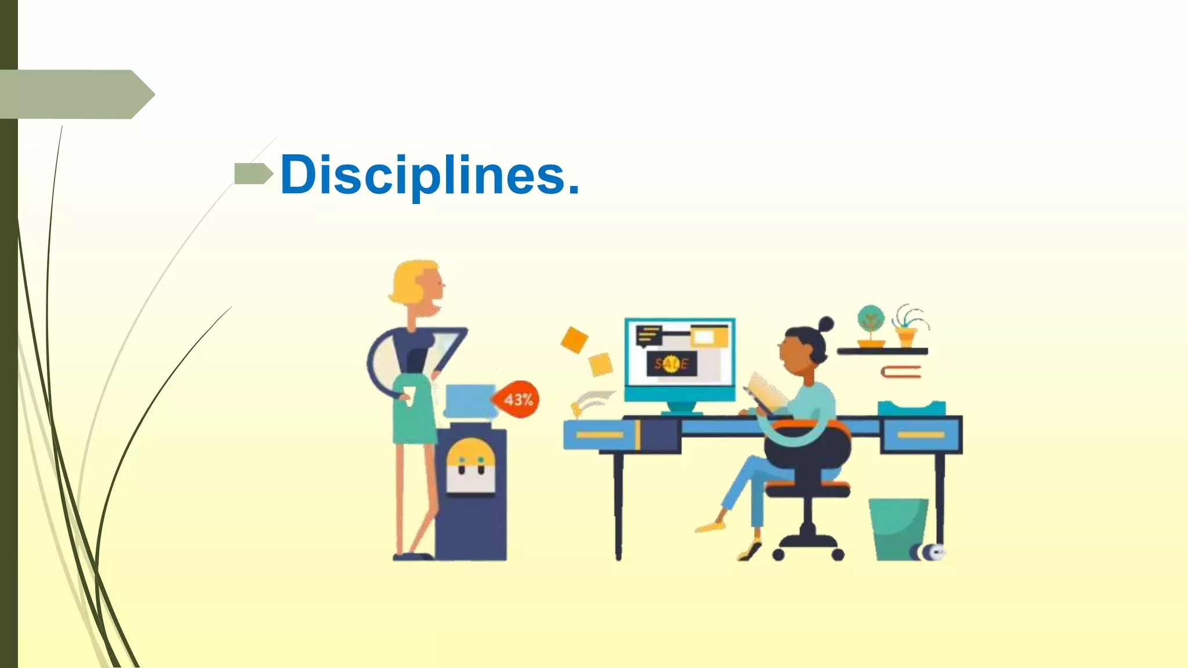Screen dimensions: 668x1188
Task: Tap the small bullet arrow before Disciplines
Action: [x=253, y=173]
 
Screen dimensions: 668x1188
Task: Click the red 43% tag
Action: [x=517, y=400]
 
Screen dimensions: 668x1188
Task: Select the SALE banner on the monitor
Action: [x=671, y=364]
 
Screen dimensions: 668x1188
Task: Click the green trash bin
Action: [x=897, y=528]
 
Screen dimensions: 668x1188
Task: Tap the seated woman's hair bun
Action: [x=825, y=324]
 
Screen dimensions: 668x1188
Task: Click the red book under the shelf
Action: [x=901, y=372]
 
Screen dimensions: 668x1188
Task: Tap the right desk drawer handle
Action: [x=921, y=435]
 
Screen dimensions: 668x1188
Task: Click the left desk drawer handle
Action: [x=599, y=435]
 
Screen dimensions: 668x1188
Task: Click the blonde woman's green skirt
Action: [x=414, y=412]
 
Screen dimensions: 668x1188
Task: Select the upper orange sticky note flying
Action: [x=574, y=340]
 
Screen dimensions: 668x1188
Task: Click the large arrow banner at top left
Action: [x=75, y=95]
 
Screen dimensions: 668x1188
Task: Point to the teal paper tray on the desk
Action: [x=911, y=408]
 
